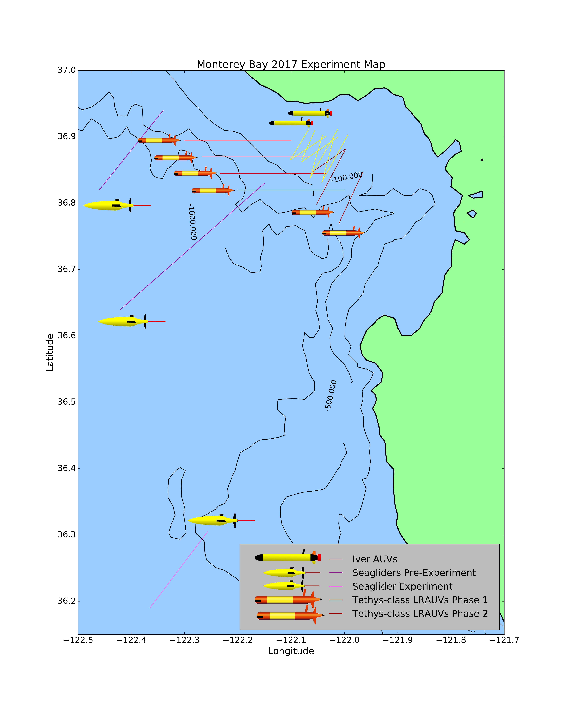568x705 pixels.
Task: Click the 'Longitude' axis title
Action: pos(291,651)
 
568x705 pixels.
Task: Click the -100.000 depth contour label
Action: pos(347,177)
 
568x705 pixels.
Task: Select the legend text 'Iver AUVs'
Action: pos(375,559)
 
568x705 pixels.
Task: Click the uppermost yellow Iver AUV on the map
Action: pos(310,113)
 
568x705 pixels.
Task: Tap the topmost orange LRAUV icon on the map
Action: pos(159,140)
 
